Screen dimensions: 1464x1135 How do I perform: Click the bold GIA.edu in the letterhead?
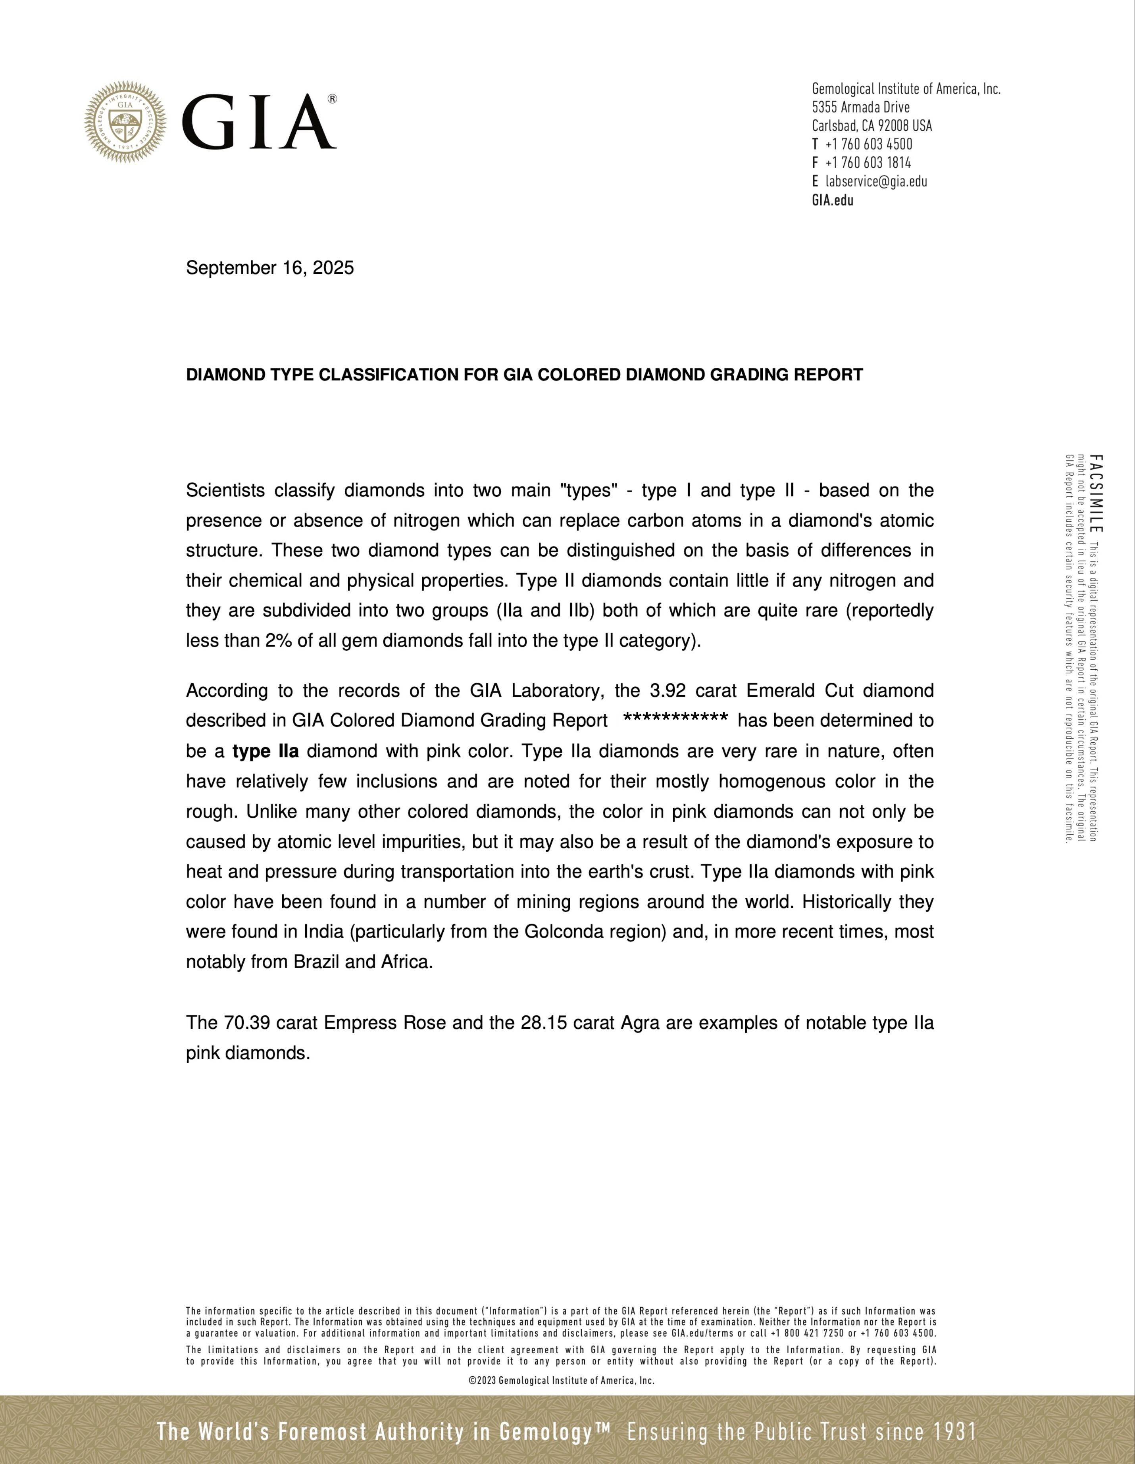coord(833,200)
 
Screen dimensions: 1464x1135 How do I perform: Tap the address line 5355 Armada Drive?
coord(861,107)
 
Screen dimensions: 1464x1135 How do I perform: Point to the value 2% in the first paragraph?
coord(278,641)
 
